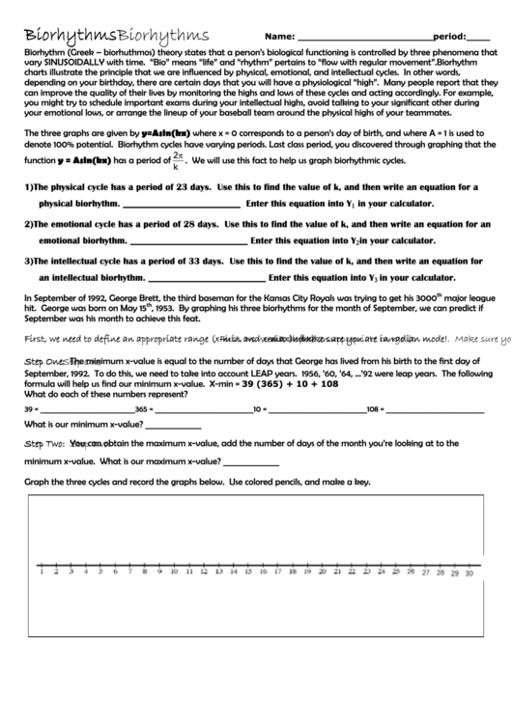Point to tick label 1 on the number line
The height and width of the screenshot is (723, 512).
tap(44, 572)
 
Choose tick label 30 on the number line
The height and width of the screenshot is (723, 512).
tap(468, 572)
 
